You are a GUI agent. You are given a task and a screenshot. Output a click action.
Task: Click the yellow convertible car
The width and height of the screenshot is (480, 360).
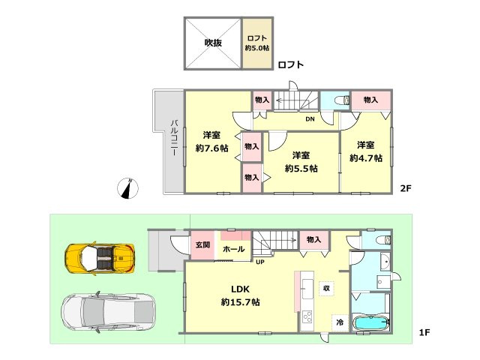pyautogui.click(x=100, y=258)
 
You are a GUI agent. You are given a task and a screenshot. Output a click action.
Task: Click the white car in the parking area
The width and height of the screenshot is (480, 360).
pyautogui.click(x=108, y=312)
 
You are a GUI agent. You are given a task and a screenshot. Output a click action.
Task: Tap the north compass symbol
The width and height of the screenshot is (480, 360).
pyautogui.click(x=128, y=188)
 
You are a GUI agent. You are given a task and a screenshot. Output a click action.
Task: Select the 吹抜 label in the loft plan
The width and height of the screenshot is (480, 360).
pyautogui.click(x=213, y=43)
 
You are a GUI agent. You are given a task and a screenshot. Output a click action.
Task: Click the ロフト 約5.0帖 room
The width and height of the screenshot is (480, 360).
pyautogui.click(x=257, y=43)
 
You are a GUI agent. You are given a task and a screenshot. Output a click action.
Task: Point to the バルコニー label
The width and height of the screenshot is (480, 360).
pyautogui.click(x=175, y=138)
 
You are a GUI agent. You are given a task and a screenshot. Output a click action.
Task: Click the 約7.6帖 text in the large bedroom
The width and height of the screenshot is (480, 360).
pyautogui.click(x=211, y=148)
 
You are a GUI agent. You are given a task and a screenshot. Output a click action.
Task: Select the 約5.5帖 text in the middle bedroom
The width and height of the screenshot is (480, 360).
pyautogui.click(x=301, y=168)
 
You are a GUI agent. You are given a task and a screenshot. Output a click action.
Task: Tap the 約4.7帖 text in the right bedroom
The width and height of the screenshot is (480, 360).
pyautogui.click(x=366, y=158)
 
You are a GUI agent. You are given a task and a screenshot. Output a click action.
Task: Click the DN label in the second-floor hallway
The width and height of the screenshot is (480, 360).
pyautogui.click(x=310, y=119)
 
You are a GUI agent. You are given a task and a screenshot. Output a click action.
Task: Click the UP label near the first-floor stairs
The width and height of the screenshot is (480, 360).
pyautogui.click(x=260, y=262)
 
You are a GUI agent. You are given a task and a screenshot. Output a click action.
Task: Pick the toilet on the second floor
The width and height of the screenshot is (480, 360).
pyautogui.click(x=343, y=100)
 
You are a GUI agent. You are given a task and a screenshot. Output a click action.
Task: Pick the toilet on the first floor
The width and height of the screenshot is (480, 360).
pyautogui.click(x=384, y=240)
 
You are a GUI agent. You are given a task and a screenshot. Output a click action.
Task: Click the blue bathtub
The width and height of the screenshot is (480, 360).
pyautogui.click(x=371, y=323)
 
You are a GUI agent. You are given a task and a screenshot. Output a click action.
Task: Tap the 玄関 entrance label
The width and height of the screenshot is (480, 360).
pyautogui.click(x=202, y=245)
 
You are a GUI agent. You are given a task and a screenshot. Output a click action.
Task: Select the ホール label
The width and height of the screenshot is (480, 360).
pyautogui.click(x=233, y=249)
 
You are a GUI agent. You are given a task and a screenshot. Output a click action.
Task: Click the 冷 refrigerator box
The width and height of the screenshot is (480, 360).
pyautogui.click(x=340, y=322)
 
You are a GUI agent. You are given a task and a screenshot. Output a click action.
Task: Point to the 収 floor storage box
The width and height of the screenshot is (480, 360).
pyautogui.click(x=326, y=288)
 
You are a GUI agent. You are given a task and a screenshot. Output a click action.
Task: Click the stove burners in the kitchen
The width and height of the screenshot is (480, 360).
pyautogui.click(x=307, y=316)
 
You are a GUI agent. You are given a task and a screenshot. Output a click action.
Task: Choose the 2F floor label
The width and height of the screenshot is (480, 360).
pyautogui.click(x=406, y=188)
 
